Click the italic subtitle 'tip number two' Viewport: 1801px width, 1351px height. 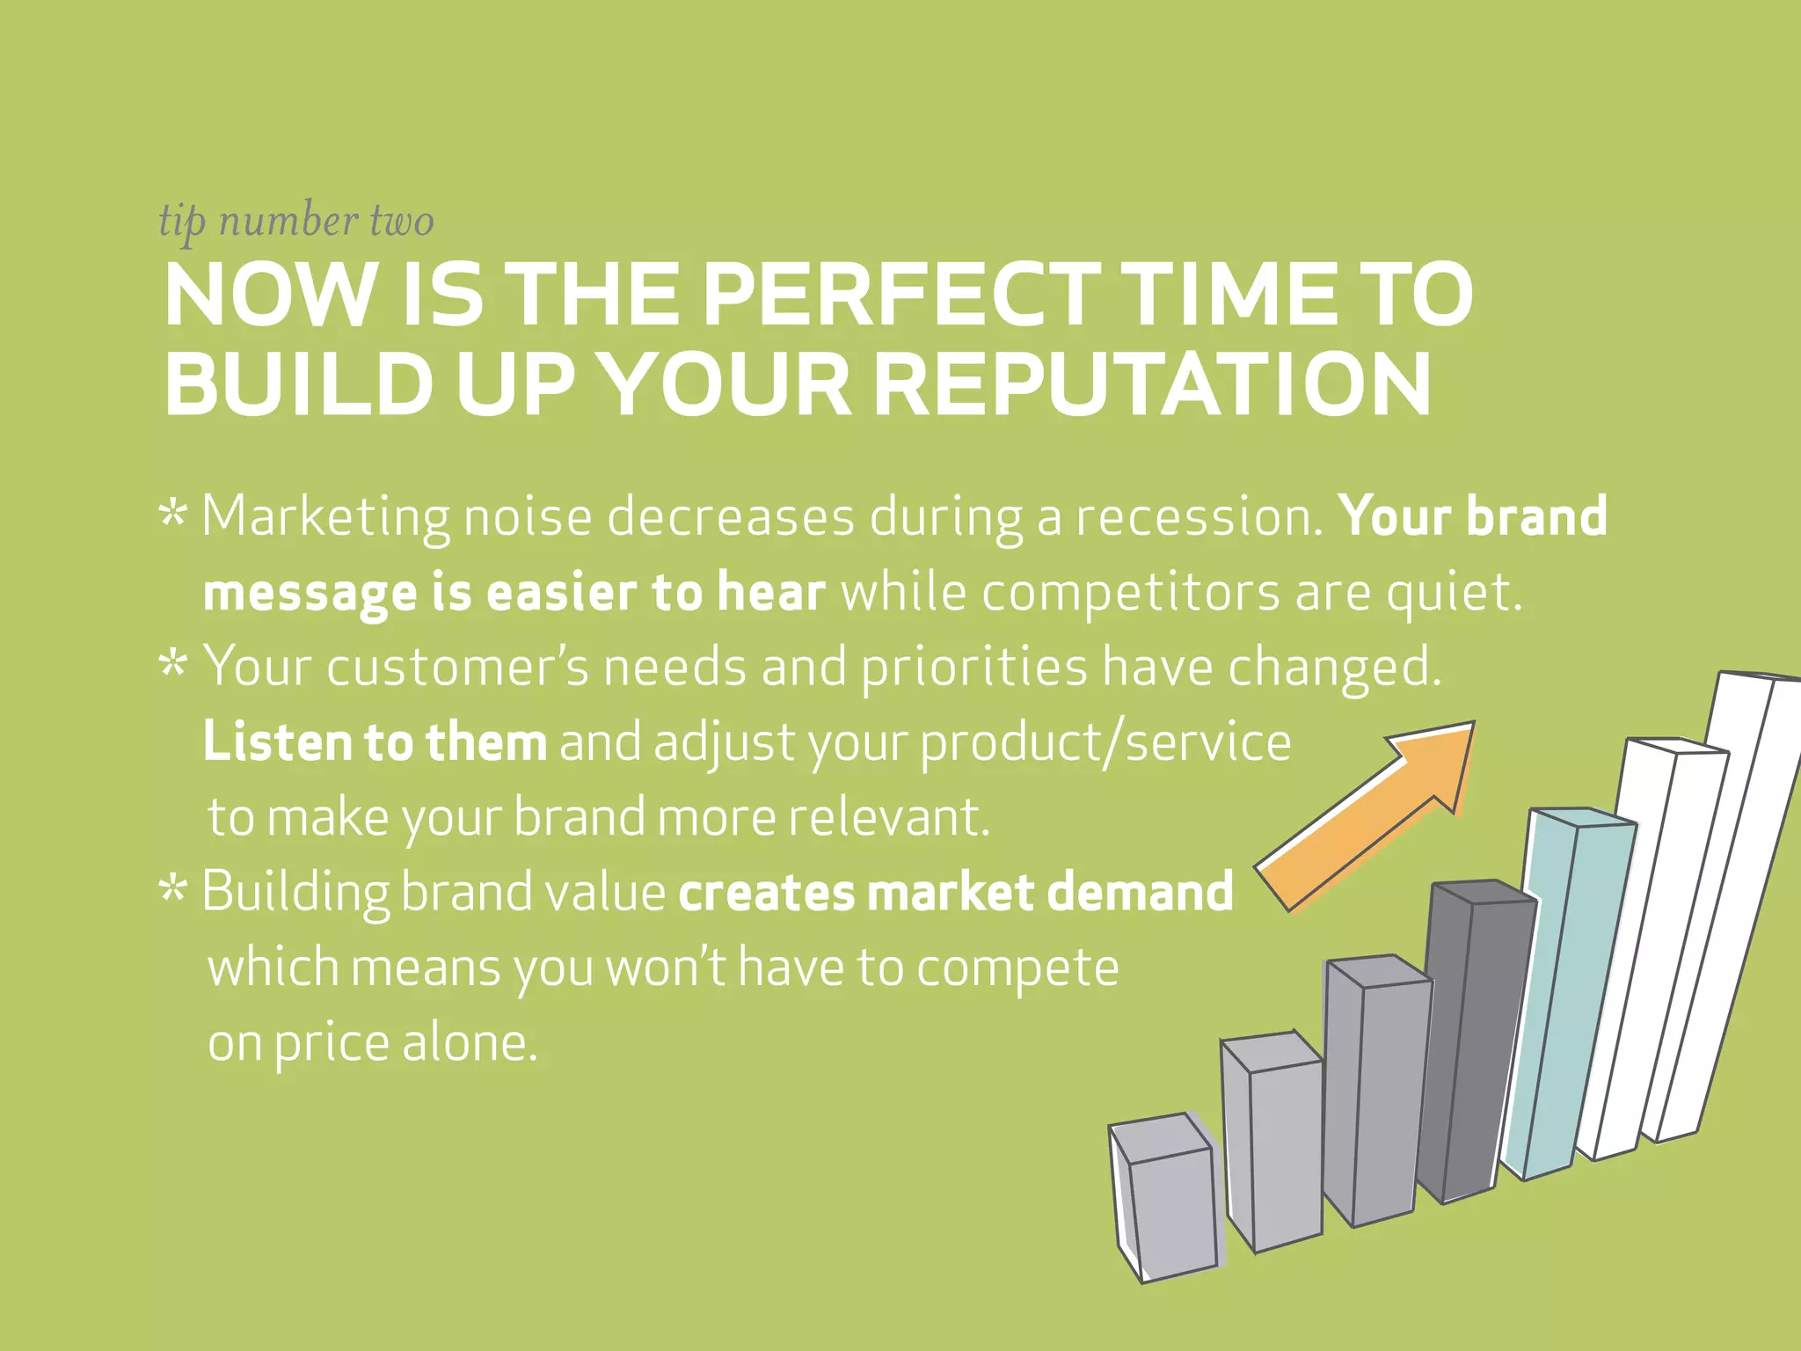[295, 221]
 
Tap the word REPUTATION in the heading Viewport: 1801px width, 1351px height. [1153, 385]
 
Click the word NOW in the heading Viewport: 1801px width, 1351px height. [269, 296]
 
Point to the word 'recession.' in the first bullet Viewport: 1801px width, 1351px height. [1199, 516]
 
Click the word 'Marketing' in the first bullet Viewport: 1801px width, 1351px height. [324, 518]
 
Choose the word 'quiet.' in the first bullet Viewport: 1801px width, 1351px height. [1454, 594]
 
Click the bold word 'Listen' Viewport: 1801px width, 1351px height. [275, 741]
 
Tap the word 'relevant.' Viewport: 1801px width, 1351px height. [889, 817]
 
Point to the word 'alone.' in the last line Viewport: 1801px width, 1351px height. [469, 1043]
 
